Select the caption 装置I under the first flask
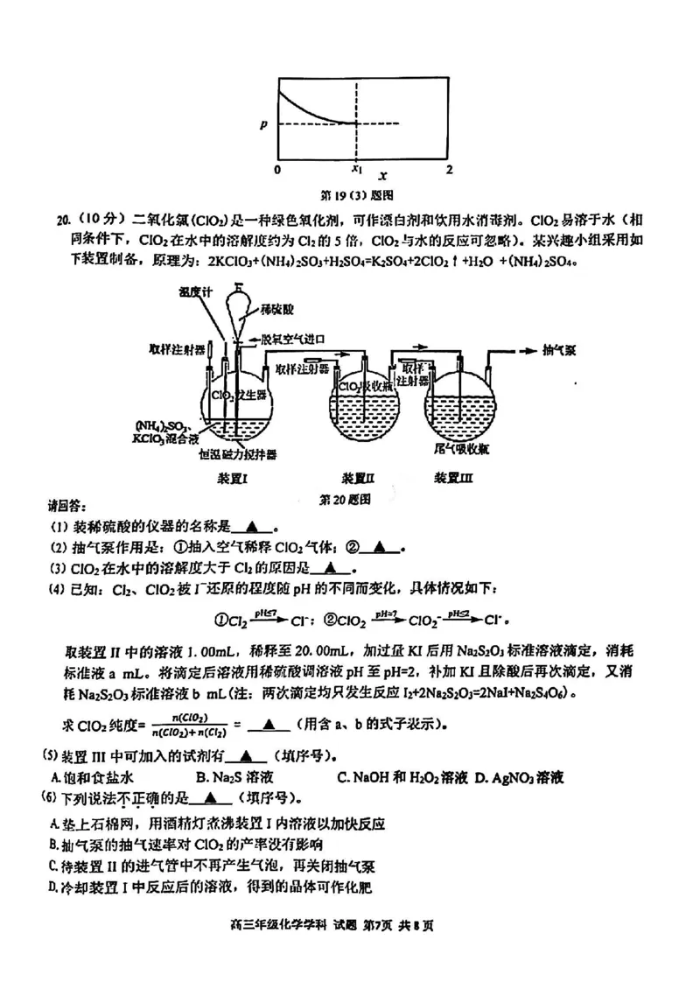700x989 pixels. tap(234, 478)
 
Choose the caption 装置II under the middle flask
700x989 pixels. tap(358, 478)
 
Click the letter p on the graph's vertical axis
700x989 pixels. tap(262, 123)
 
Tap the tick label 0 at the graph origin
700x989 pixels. tap(277, 168)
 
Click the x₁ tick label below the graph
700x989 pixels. tap(356, 168)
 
